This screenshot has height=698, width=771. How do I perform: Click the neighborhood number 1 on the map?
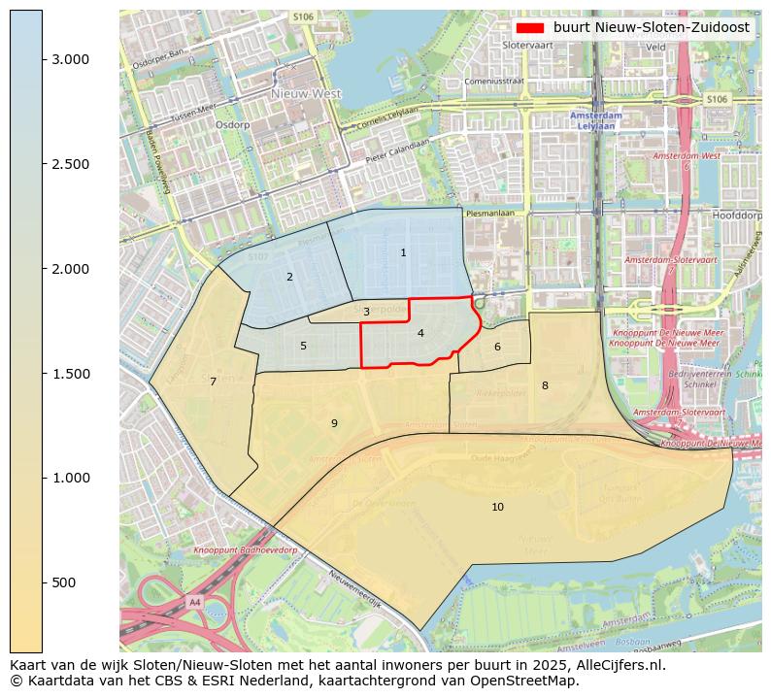point(403,252)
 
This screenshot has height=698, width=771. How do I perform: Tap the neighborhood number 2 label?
point(289,278)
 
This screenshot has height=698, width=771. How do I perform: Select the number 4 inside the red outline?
point(420,333)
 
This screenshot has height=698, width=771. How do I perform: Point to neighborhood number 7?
point(213,382)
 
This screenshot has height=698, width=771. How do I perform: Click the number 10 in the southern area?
point(497,507)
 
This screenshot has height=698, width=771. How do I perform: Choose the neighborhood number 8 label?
point(545,385)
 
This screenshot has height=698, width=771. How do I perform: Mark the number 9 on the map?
point(334,423)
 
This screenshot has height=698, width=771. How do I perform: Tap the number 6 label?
point(497,347)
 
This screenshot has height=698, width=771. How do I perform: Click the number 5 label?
point(303,346)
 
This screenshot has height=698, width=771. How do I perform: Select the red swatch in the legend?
point(531,28)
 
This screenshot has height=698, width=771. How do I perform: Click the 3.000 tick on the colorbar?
point(70,59)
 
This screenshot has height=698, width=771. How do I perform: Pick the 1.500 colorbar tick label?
point(70,374)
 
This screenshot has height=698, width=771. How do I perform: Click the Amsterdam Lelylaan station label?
point(599,120)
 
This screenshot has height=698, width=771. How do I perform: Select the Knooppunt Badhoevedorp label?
point(245,550)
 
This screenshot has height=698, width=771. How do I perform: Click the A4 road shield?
point(194,602)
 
